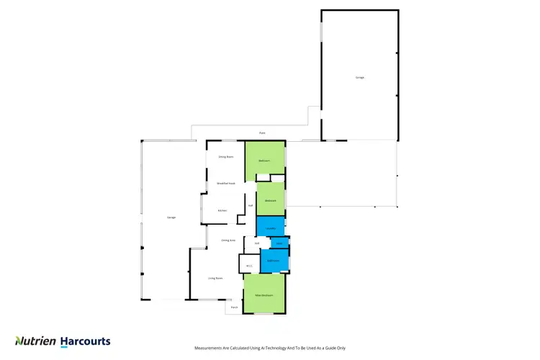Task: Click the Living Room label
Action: (215, 277)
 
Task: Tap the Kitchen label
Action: (222, 210)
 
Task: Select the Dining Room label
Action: (225, 156)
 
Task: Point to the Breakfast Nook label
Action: (226, 184)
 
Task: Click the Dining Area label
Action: (228, 240)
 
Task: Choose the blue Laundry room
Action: (271, 228)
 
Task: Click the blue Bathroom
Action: (274, 260)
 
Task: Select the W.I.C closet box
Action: (248, 265)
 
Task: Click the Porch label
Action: (233, 307)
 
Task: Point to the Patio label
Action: (263, 133)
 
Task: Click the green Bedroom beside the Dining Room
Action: (265, 161)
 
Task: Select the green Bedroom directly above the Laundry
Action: (271, 199)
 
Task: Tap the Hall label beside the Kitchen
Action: (250, 205)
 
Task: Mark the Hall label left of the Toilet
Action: (257, 243)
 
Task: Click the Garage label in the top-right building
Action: (359, 77)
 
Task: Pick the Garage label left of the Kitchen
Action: (171, 217)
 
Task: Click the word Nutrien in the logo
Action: (35, 341)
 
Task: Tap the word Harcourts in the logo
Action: (85, 341)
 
